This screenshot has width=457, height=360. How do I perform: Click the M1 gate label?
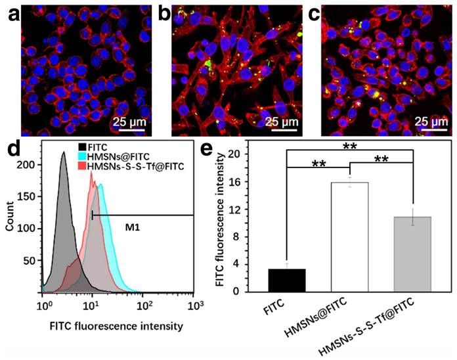coord(133,229)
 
